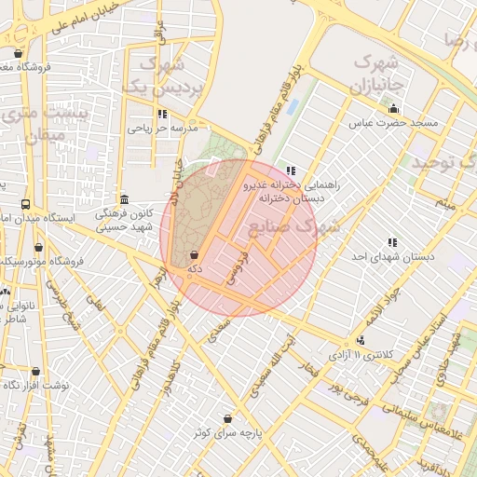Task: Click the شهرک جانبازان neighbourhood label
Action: tap(375, 75)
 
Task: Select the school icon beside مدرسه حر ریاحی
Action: tap(163, 115)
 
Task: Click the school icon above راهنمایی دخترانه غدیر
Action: tap(291, 171)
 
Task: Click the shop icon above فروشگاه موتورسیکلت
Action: tap(38, 248)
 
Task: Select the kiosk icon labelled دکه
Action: tap(194, 254)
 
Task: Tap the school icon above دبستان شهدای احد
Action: tap(390, 243)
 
